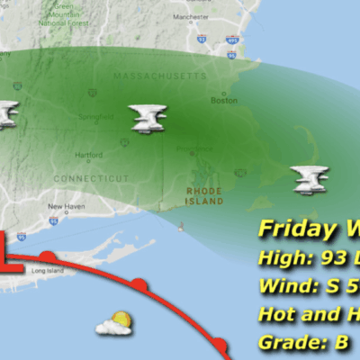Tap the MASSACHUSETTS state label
(x=160, y=76)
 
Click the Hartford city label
(x=88, y=155)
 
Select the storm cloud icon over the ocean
(x=310, y=179)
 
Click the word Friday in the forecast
(x=289, y=229)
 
